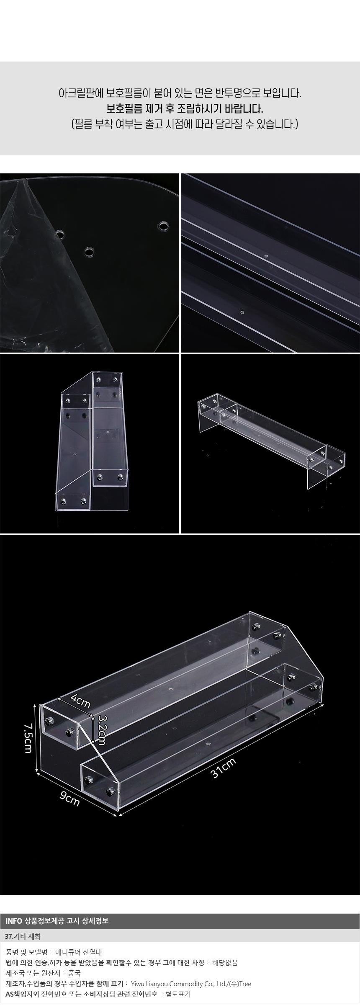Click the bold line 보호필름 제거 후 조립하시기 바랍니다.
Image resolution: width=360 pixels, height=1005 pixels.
point(185,109)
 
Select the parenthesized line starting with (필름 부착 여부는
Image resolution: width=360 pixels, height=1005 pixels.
point(185,124)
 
